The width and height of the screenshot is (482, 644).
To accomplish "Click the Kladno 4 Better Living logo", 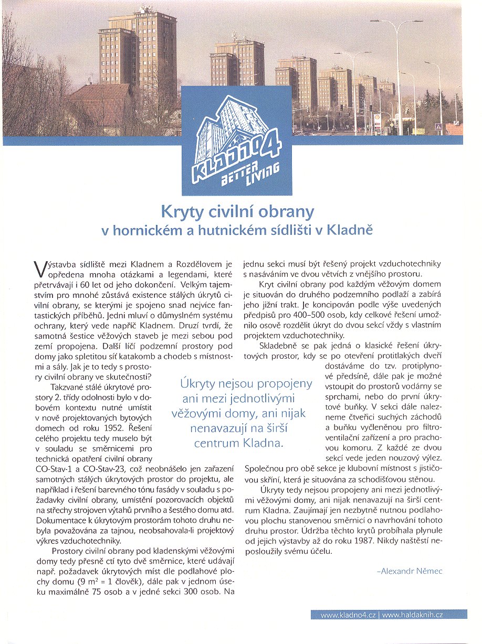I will (236, 141).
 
